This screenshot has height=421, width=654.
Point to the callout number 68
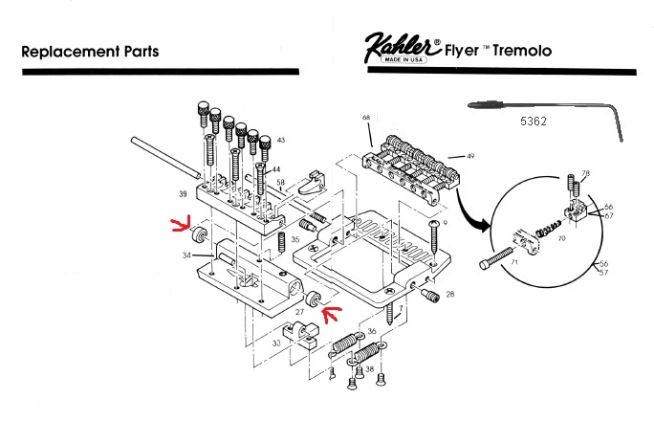(365, 118)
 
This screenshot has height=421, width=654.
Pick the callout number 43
(280, 142)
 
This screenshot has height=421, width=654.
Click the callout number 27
(299, 310)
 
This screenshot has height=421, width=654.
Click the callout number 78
(586, 173)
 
